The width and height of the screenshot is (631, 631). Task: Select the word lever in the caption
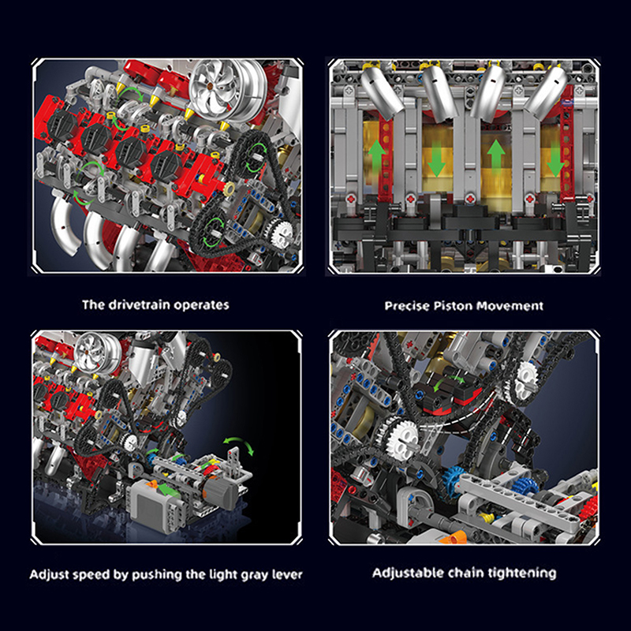click(287, 574)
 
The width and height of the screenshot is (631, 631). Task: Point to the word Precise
click(407, 306)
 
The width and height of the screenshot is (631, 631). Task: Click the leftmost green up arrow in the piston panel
click(377, 156)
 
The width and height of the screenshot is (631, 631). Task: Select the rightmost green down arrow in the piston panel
click(556, 161)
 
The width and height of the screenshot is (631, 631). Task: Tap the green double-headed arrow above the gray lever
click(239, 445)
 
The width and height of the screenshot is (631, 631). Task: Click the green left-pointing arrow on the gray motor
click(168, 491)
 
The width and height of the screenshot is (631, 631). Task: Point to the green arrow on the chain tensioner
click(449, 383)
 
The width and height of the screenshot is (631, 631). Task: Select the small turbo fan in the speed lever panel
click(96, 351)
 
